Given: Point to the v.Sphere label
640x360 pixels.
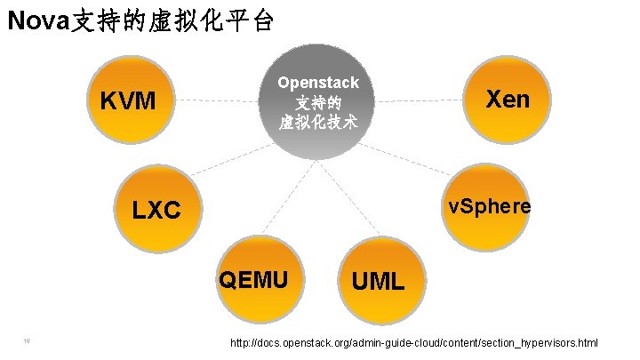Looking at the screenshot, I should pyautogui.click(x=490, y=206).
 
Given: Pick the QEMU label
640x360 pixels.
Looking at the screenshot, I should pyautogui.click(x=253, y=280).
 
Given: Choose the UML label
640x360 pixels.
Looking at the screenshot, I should pyautogui.click(x=378, y=283).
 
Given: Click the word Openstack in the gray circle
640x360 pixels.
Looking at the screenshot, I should pyautogui.click(x=317, y=83).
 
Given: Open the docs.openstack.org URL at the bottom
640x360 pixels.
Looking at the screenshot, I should pyautogui.click(x=414, y=343).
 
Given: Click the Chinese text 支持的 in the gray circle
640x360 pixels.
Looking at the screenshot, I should pyautogui.click(x=317, y=103).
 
